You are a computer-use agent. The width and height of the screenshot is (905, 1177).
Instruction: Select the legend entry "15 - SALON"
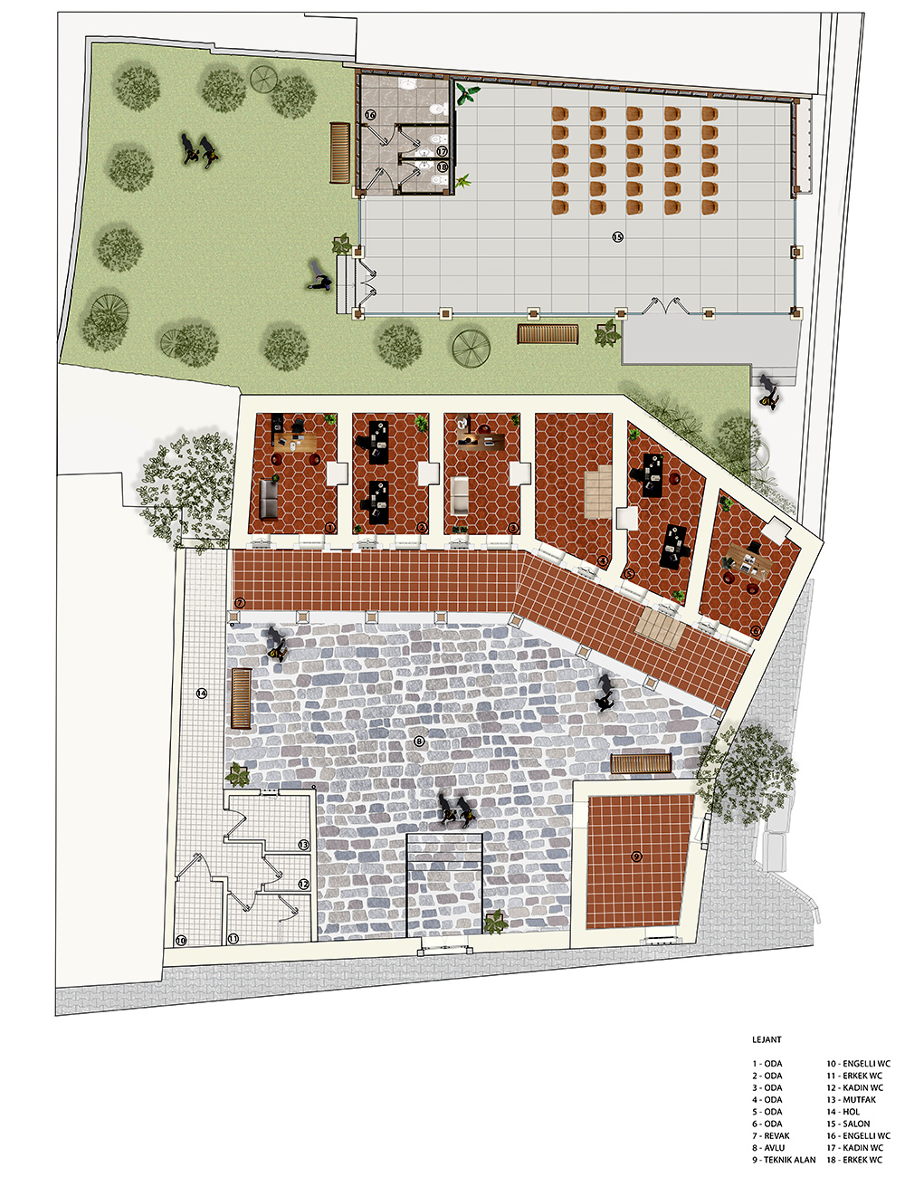(x=848, y=1124)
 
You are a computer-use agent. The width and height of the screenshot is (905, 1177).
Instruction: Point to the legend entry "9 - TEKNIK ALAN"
(x=784, y=1160)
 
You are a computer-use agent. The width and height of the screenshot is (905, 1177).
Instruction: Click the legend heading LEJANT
(x=767, y=1039)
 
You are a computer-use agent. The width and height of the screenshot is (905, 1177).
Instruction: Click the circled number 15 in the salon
(x=617, y=236)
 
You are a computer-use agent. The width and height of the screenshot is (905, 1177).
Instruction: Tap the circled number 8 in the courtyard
(x=418, y=741)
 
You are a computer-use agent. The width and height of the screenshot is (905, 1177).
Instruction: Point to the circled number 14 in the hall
(x=201, y=693)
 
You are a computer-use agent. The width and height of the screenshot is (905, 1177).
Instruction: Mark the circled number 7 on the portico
(x=240, y=603)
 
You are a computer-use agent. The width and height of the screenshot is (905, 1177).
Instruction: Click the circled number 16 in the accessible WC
(x=370, y=115)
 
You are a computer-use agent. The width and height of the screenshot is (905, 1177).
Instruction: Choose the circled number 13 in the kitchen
(x=303, y=845)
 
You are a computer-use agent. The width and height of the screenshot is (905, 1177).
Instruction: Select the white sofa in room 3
(x=461, y=495)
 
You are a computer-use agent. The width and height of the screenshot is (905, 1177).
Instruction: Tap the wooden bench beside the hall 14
(x=241, y=698)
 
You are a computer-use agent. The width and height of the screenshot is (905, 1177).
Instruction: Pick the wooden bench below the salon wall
(x=548, y=334)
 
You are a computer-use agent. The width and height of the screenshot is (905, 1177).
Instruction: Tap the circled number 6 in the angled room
(x=756, y=630)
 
